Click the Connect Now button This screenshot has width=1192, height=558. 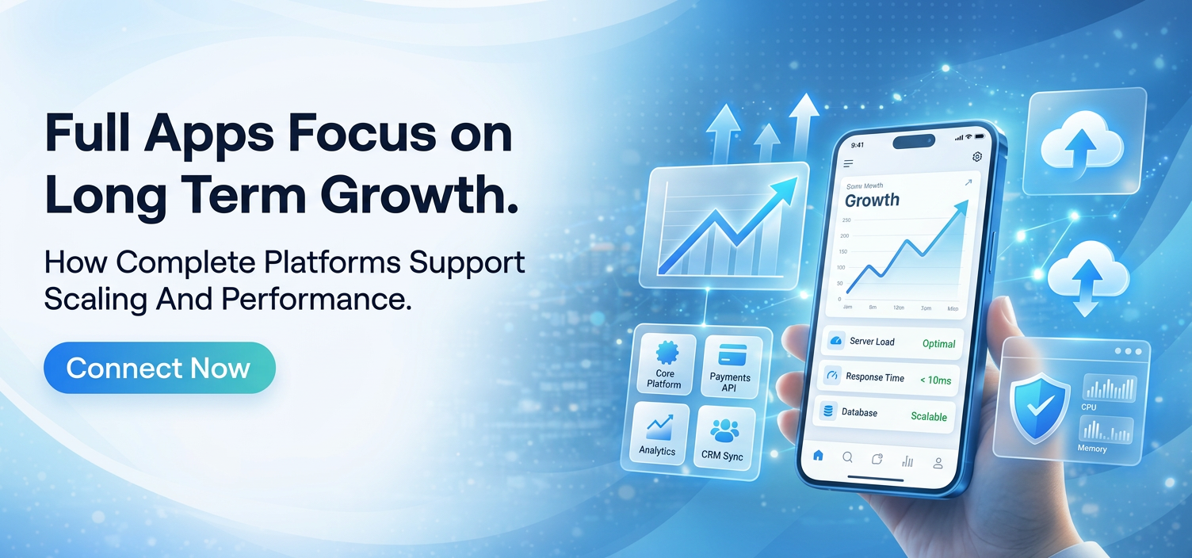(159, 368)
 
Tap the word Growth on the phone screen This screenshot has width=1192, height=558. (872, 200)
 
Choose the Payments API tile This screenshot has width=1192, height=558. (729, 365)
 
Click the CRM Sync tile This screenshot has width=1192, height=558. (723, 438)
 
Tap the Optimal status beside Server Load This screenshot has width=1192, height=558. (939, 344)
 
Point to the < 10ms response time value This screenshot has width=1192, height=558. (935, 380)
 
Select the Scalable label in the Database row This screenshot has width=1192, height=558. (929, 417)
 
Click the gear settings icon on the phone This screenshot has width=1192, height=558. (977, 157)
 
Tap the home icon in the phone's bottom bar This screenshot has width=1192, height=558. (819, 456)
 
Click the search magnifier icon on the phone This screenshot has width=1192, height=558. (847, 457)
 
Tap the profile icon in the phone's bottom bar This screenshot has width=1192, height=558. (938, 462)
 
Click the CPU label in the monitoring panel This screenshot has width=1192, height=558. (1089, 407)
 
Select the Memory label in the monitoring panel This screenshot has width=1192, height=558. (1092, 449)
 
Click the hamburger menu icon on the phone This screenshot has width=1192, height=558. (848, 164)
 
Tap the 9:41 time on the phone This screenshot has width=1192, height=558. (858, 145)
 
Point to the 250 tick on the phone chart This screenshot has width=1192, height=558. (846, 220)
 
